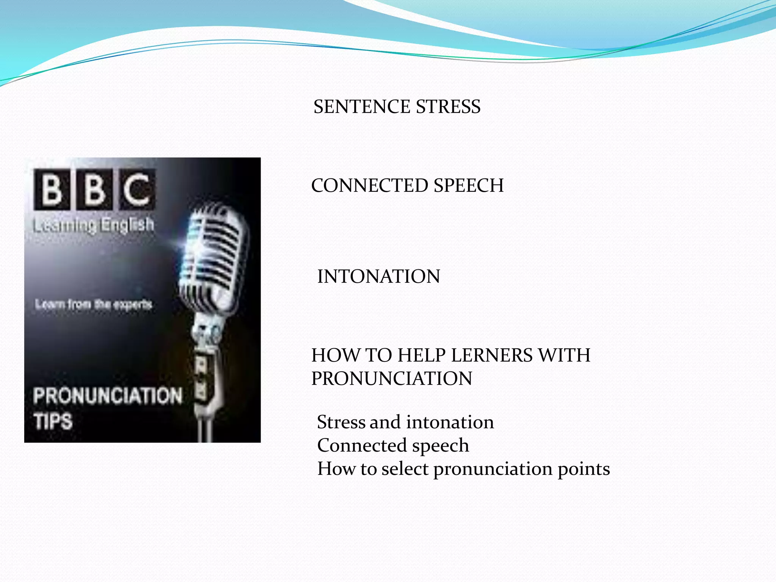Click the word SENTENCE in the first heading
pyautogui.click(x=362, y=106)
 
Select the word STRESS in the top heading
pyautogui.click(x=448, y=106)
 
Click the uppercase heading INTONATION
pyautogui.click(x=379, y=276)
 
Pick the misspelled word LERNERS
pyautogui.click(x=491, y=355)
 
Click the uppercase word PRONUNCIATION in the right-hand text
pyautogui.click(x=392, y=379)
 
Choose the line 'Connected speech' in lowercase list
pyautogui.click(x=393, y=445)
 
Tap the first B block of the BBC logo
pyautogui.click(x=52, y=189)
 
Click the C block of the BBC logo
pyautogui.click(x=137, y=189)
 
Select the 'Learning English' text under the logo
pyautogui.click(x=94, y=225)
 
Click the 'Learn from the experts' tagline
pyautogui.click(x=94, y=304)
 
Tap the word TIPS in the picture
pyautogui.click(x=53, y=421)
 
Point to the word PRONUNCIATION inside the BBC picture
pyautogui.click(x=108, y=396)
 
